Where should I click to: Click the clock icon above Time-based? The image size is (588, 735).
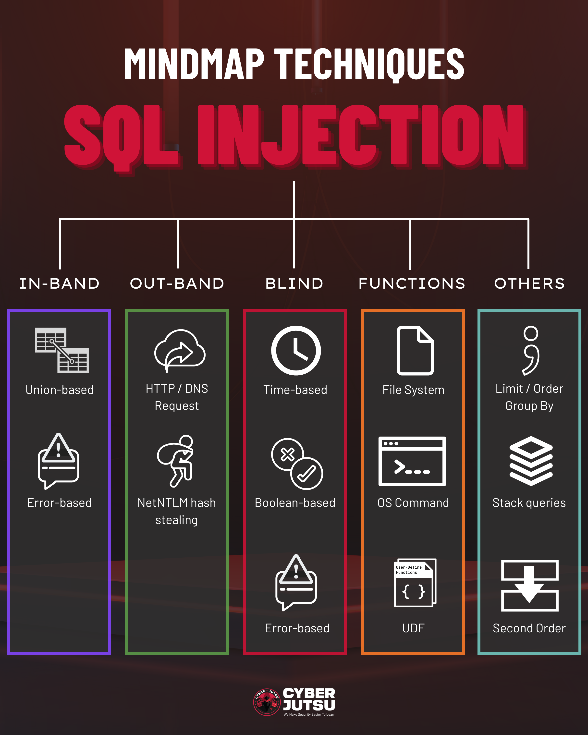(x=296, y=350)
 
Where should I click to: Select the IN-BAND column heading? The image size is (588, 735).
(x=59, y=284)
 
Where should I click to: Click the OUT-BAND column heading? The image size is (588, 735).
(x=177, y=284)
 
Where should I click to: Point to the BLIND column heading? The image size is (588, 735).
(x=294, y=284)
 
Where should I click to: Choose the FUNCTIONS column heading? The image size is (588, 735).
(x=412, y=284)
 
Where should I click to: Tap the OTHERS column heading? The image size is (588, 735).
(x=529, y=284)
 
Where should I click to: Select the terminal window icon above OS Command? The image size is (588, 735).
(x=412, y=461)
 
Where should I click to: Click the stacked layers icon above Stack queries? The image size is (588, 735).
(x=531, y=461)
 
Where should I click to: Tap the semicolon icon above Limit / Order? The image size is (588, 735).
(x=531, y=350)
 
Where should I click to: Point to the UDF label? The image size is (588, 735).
(x=413, y=628)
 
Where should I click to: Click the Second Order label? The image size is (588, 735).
(x=529, y=628)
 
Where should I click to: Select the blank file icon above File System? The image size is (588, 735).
(x=415, y=350)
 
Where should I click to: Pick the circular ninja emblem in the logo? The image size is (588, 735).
(x=267, y=702)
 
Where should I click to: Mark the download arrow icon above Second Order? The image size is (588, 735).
(x=529, y=585)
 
